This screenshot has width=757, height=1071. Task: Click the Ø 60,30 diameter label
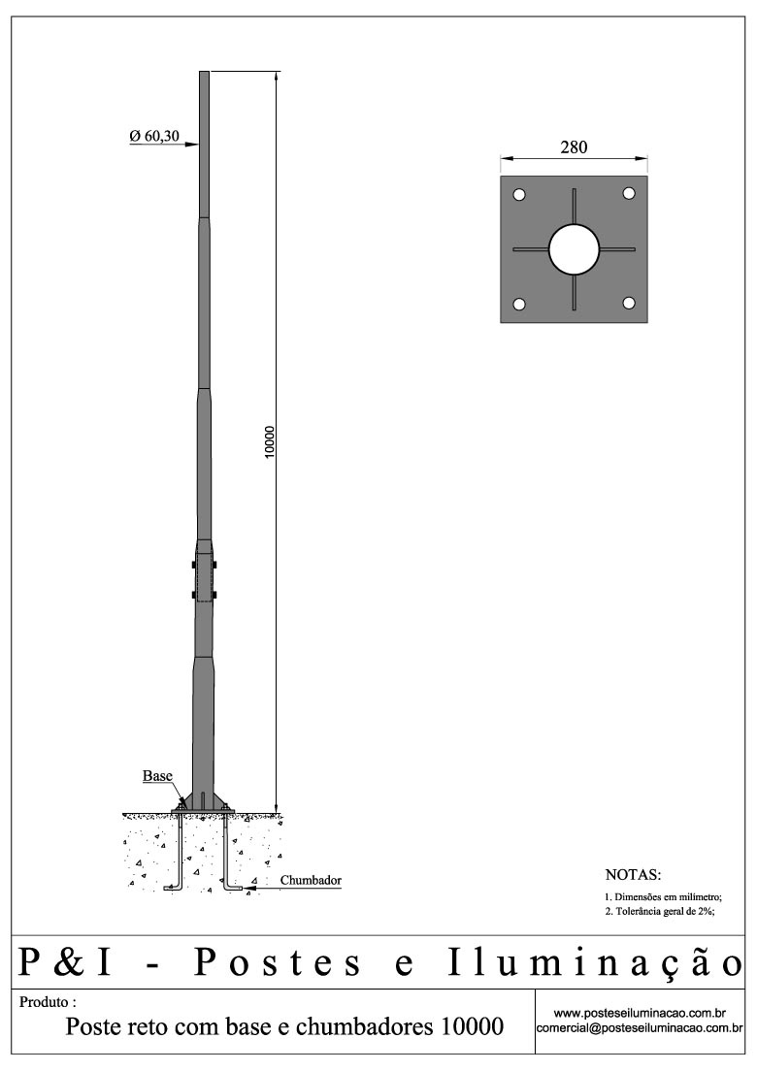(x=154, y=137)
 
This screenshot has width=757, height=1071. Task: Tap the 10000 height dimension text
(x=271, y=442)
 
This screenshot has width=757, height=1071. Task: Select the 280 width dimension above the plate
(x=574, y=147)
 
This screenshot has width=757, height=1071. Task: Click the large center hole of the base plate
(x=574, y=249)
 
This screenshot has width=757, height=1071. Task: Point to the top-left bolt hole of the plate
(x=519, y=195)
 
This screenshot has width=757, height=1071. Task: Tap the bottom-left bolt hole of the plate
(x=519, y=305)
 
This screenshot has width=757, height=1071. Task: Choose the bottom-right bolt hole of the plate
(x=629, y=305)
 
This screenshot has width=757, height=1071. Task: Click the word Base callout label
(x=157, y=776)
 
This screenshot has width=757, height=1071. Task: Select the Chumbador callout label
(x=311, y=881)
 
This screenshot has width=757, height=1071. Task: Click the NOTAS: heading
(x=633, y=875)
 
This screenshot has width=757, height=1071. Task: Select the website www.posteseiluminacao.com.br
(x=641, y=1013)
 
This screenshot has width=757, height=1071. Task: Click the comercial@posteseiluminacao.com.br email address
(x=641, y=1027)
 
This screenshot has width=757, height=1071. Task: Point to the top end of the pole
(x=204, y=74)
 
